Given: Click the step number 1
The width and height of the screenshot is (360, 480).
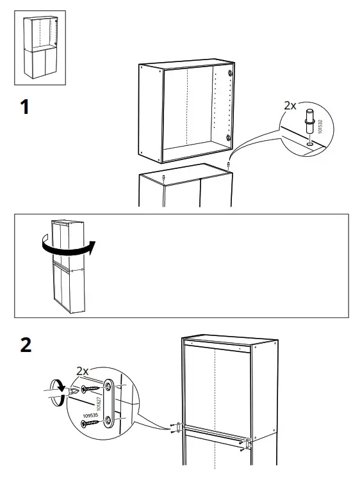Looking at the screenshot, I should pos(24,106).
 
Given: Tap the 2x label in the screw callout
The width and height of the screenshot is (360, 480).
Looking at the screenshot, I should pos(82,372).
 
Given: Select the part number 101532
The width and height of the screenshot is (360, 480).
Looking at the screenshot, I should pos(320,125).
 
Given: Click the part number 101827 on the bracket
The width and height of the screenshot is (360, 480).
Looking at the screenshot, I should pos(99,402).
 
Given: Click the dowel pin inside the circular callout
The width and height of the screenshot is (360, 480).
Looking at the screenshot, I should pos(310,122).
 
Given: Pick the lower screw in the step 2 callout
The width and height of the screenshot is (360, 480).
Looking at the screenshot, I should pos(92,422).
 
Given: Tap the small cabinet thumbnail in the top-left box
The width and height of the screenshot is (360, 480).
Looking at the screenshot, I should pos(40,49).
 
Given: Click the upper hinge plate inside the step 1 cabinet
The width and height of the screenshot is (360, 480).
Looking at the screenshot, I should pos(229,77).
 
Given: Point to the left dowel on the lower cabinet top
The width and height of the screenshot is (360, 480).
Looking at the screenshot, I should pos(164,177).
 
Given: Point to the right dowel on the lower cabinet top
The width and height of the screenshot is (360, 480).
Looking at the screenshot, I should pos(229,168).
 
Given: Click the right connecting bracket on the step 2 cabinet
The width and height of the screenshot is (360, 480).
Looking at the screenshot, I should pos(248,442).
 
